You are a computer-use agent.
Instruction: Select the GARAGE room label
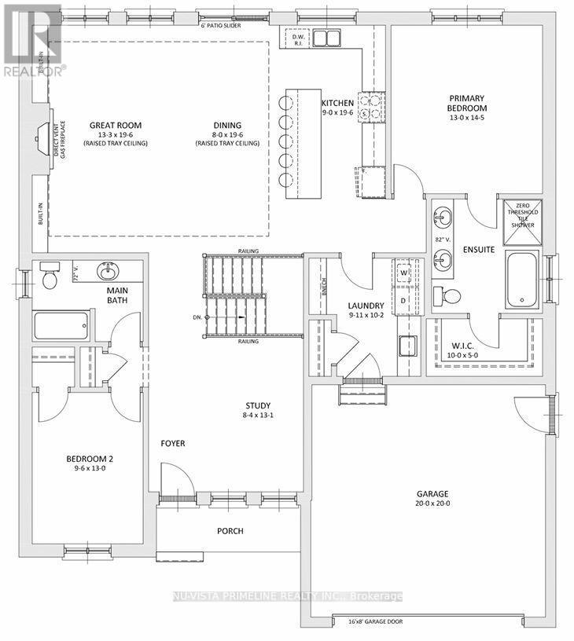(x=432, y=495)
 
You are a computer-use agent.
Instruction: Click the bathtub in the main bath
(x=61, y=324)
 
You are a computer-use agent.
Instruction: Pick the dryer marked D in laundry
(x=404, y=299)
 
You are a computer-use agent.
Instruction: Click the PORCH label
(x=230, y=531)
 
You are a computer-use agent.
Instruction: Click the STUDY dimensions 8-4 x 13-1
(x=258, y=416)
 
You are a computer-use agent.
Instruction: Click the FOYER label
(x=173, y=444)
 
